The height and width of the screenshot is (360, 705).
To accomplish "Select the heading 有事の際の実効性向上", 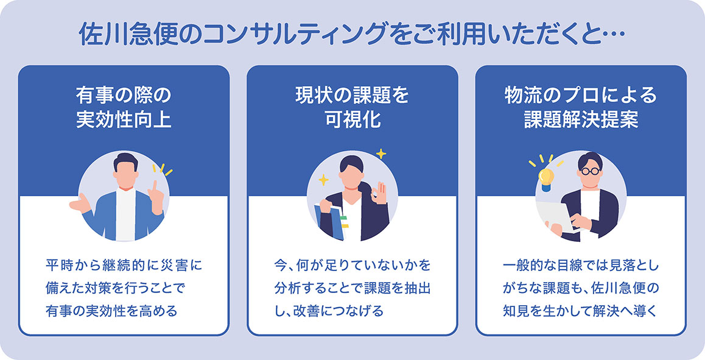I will click(124, 107).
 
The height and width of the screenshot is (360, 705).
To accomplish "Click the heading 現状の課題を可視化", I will click(352, 107).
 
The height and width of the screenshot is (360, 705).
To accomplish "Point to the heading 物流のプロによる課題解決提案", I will click(581, 107).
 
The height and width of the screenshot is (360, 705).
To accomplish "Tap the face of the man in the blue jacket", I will click(125, 174).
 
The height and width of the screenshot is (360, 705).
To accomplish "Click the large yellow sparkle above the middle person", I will click(381, 154).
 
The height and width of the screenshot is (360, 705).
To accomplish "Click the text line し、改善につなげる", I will click(328, 311).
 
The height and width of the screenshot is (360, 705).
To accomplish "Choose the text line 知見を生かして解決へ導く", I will click(581, 311).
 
